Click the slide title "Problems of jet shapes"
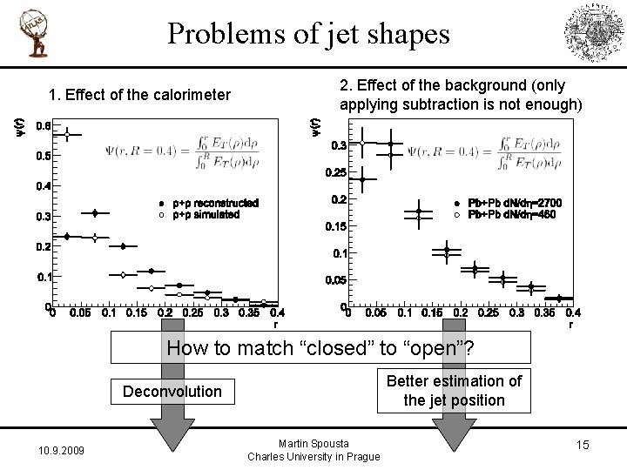pyautogui.click(x=309, y=34)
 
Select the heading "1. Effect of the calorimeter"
pyautogui.click(x=139, y=95)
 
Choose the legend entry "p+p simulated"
pyautogui.click(x=206, y=214)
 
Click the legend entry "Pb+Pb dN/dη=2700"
pyautogui.click(x=515, y=203)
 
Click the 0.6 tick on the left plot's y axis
pyautogui.click(x=43, y=125)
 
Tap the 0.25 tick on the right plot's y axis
pyautogui.click(x=335, y=172)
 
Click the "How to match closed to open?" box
pyautogui.click(x=320, y=349)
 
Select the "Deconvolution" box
pyautogui.click(x=172, y=391)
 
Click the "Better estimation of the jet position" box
pyautogui.click(x=454, y=390)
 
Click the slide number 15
pyautogui.click(x=582, y=446)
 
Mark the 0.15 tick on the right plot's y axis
pyautogui.click(x=335, y=226)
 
